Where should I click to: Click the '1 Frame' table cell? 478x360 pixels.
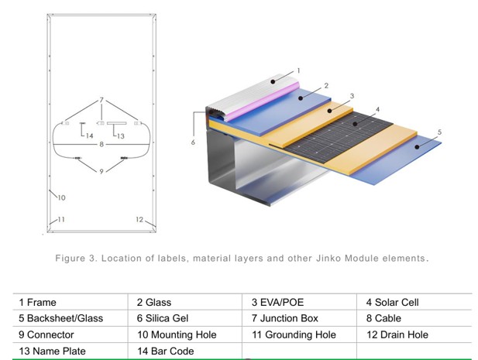(x=70, y=302)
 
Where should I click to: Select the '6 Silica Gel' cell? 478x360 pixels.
(x=184, y=318)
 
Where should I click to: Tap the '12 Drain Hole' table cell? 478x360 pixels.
(x=414, y=334)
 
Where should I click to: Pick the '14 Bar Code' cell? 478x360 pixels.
(x=184, y=351)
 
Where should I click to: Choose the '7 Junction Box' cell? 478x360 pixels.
(x=299, y=318)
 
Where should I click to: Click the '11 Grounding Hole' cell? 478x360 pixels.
(x=299, y=334)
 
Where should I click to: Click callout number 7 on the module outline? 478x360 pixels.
(x=101, y=100)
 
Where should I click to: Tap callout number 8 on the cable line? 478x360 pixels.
(x=101, y=144)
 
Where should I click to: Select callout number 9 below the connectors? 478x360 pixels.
(x=101, y=171)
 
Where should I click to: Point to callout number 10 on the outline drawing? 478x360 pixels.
(x=61, y=197)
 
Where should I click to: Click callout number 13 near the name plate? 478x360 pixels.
(x=121, y=136)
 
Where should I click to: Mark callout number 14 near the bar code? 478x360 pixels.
(x=89, y=135)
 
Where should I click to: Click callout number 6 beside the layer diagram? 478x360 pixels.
(x=193, y=142)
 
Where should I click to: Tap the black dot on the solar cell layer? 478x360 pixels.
(x=355, y=124)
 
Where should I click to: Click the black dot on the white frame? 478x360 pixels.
(x=273, y=81)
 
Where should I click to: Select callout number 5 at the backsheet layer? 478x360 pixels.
(x=439, y=132)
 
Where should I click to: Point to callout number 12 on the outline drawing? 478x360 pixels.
(x=139, y=219)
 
